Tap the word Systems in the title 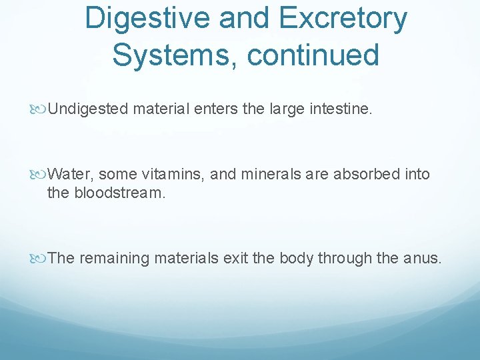pos(173,54)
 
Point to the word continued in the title pos(313,54)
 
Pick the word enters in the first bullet pos(216,108)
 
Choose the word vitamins pos(175,175)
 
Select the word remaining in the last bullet pos(115,258)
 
